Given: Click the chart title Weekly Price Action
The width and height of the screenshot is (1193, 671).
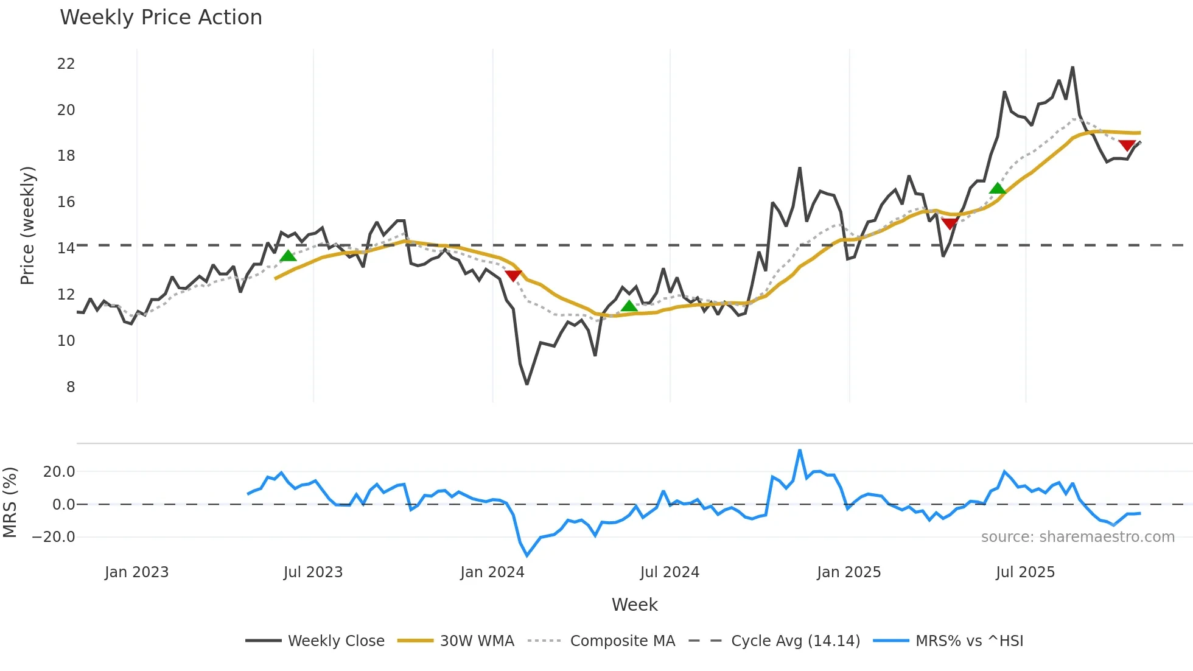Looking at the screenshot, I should [x=161, y=18].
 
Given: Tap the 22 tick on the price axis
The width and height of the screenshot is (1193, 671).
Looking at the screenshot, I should [x=66, y=64].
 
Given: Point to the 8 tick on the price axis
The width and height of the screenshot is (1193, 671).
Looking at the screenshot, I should [x=71, y=387].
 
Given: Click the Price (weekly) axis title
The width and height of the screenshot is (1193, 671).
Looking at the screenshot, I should [x=28, y=225].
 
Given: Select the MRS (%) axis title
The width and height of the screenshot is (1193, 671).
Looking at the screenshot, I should [x=10, y=502].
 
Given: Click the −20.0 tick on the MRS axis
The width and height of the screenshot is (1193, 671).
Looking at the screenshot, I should [x=54, y=537].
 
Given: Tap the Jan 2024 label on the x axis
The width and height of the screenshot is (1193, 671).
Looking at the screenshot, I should [x=492, y=572].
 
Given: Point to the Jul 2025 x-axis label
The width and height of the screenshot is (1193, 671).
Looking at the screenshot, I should [x=1025, y=572].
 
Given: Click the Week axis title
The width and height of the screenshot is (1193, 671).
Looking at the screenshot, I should [x=634, y=605].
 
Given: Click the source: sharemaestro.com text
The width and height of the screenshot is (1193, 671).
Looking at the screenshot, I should [x=1077, y=537].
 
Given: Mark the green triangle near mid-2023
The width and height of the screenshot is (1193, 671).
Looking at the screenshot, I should [x=288, y=256].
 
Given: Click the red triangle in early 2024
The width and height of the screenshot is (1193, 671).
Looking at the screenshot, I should [x=513, y=276].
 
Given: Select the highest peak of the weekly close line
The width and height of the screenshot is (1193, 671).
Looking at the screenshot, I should [x=1072, y=68].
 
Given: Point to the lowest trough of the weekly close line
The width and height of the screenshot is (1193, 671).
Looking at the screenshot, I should [x=527, y=384].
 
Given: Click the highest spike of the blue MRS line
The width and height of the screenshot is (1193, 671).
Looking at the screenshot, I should [x=799, y=451].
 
